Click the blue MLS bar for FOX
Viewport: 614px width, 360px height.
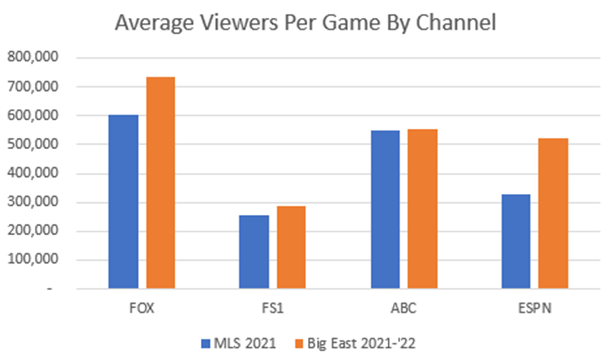click(x=123, y=202)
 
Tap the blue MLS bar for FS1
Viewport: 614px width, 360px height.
click(x=254, y=252)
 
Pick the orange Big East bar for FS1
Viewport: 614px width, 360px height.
click(x=291, y=247)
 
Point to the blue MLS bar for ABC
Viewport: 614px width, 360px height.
click(x=385, y=210)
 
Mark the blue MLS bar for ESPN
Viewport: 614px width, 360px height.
click(x=516, y=241)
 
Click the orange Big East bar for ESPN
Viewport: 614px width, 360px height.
click(x=553, y=213)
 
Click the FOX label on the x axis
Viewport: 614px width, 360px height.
click(x=142, y=309)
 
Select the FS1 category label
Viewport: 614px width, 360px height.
click(x=272, y=309)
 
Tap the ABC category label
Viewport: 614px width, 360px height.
click(x=404, y=309)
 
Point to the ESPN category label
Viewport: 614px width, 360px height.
click(x=534, y=309)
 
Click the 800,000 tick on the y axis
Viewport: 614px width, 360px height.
click(x=33, y=58)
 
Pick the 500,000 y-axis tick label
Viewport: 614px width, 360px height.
click(x=33, y=145)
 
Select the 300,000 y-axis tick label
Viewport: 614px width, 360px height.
click(x=33, y=203)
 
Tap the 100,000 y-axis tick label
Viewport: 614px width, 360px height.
click(x=33, y=260)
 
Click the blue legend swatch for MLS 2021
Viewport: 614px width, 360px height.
click(x=206, y=343)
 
